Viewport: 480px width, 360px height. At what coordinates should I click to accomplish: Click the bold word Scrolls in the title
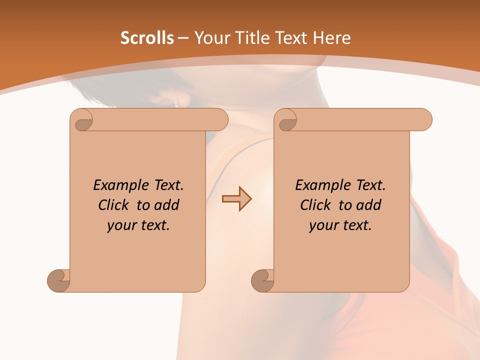tap(147, 38)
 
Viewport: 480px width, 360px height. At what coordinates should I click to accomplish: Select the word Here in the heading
tap(331, 38)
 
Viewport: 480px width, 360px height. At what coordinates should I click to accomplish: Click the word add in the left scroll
tap(166, 205)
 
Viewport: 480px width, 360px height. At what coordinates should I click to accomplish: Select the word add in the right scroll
tap(368, 205)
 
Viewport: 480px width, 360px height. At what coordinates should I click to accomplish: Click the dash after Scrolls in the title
tap(183, 38)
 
